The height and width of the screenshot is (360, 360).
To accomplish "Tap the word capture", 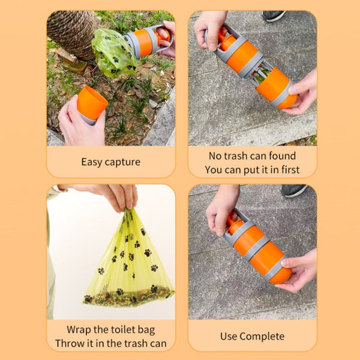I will click(x=122, y=163).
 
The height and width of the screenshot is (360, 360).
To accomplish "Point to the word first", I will click(x=287, y=170).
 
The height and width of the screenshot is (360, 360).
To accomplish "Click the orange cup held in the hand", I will click(x=91, y=103).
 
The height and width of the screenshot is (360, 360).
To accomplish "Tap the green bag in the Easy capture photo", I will click(x=113, y=52).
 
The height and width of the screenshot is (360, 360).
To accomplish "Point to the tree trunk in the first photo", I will click(x=72, y=34).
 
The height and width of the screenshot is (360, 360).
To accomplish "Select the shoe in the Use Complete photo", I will click(x=294, y=190).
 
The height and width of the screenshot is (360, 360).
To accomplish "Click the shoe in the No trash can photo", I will click(x=274, y=15).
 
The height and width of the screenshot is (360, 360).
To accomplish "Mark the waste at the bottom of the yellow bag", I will click(x=128, y=295).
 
